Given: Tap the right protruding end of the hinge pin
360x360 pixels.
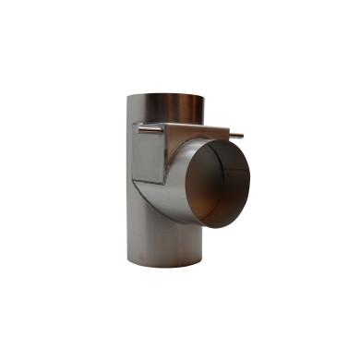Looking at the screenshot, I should click(241, 137).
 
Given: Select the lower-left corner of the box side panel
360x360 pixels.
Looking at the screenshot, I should click(136, 180).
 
